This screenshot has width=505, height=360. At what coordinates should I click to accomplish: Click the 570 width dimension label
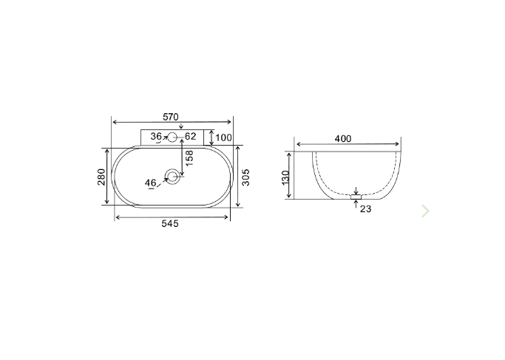click(171, 117)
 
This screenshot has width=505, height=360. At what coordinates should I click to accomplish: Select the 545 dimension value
click(170, 224)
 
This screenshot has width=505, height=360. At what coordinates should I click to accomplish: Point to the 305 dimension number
click(246, 177)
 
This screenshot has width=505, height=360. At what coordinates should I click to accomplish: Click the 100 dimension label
click(223, 137)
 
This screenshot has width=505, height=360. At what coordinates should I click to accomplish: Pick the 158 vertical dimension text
click(189, 157)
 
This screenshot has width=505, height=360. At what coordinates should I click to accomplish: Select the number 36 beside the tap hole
click(156, 137)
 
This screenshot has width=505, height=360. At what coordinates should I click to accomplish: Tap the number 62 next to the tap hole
click(190, 137)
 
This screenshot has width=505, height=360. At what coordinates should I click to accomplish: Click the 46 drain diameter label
click(150, 183)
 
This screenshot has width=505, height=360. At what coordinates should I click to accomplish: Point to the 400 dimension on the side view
click(342, 138)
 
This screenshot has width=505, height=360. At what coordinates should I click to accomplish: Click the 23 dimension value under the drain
click(365, 209)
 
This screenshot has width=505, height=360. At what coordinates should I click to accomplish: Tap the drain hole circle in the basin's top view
click(173, 176)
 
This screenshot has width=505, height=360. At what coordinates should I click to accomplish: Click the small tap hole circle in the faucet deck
click(172, 137)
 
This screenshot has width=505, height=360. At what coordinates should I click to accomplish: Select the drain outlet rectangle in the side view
click(356, 197)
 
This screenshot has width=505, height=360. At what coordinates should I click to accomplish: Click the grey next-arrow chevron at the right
click(425, 211)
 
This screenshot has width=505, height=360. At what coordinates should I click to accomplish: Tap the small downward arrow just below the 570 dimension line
click(180, 127)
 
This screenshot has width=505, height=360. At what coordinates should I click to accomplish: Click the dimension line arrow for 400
click(348, 145)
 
